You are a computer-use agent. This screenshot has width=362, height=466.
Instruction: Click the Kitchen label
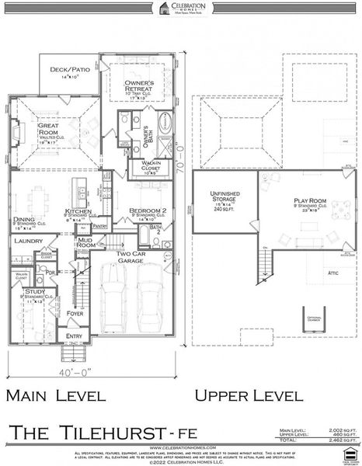point(79,211)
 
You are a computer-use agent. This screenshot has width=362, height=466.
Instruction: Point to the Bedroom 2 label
point(145,211)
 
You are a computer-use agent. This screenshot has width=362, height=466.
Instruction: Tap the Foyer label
point(75,314)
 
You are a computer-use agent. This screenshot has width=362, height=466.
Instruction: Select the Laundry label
point(27,242)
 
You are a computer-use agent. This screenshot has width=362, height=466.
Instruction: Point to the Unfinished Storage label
point(221,197)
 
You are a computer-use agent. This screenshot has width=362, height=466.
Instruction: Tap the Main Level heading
point(55,395)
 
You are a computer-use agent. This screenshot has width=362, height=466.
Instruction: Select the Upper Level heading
point(249,395)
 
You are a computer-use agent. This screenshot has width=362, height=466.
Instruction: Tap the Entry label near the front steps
point(74,336)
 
